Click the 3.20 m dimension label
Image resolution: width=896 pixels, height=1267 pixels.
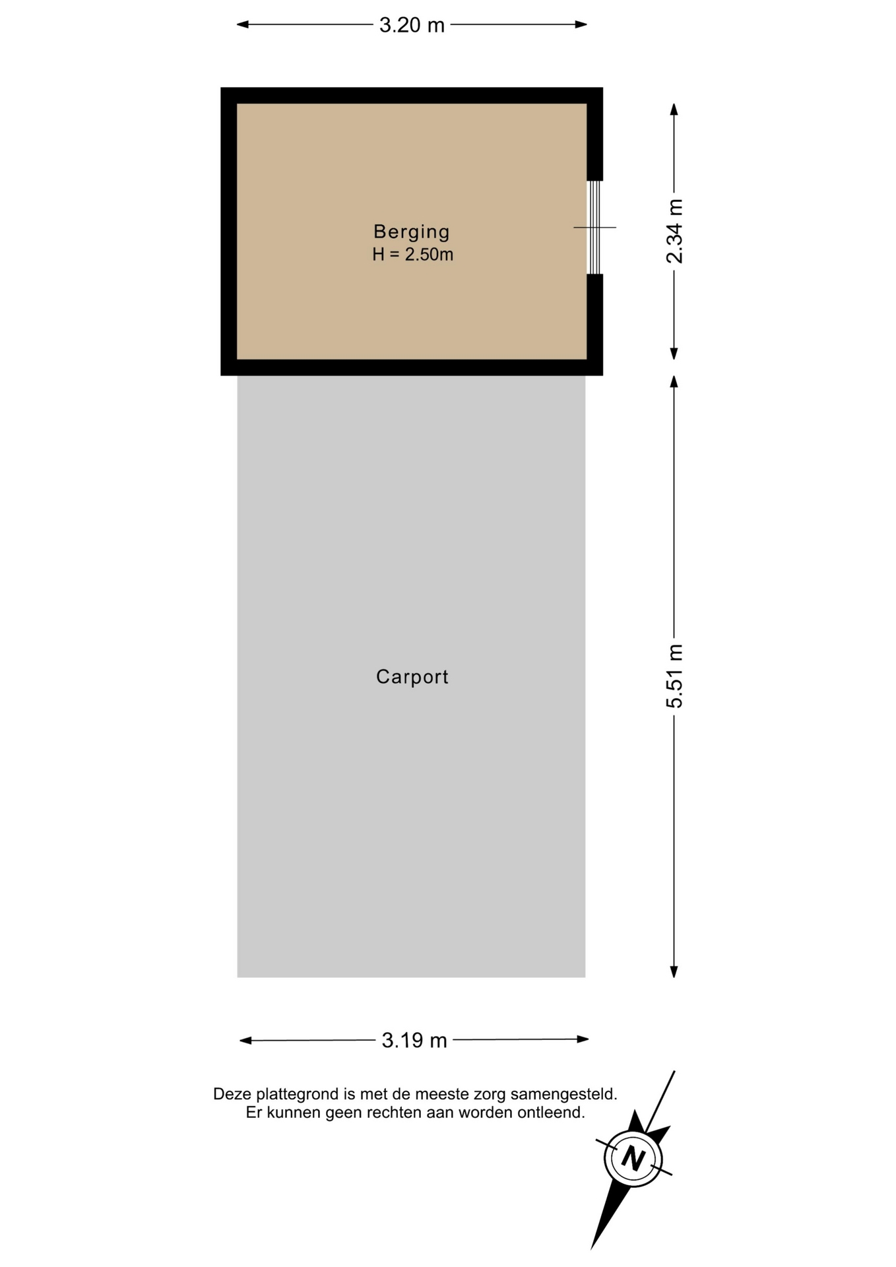[x=412, y=25]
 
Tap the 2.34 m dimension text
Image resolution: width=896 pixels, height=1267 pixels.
[x=674, y=231]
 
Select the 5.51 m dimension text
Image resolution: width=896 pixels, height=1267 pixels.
[x=674, y=676]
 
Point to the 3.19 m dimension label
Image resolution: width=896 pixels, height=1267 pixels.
[x=414, y=1041]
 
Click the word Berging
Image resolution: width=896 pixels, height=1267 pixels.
[x=412, y=232]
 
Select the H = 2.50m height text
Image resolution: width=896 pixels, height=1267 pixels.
[x=412, y=255]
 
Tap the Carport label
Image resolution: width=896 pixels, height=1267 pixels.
[x=412, y=677]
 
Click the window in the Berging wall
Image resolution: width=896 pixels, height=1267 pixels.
[x=594, y=227]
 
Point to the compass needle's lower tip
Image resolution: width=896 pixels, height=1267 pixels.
[x=592, y=1249]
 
